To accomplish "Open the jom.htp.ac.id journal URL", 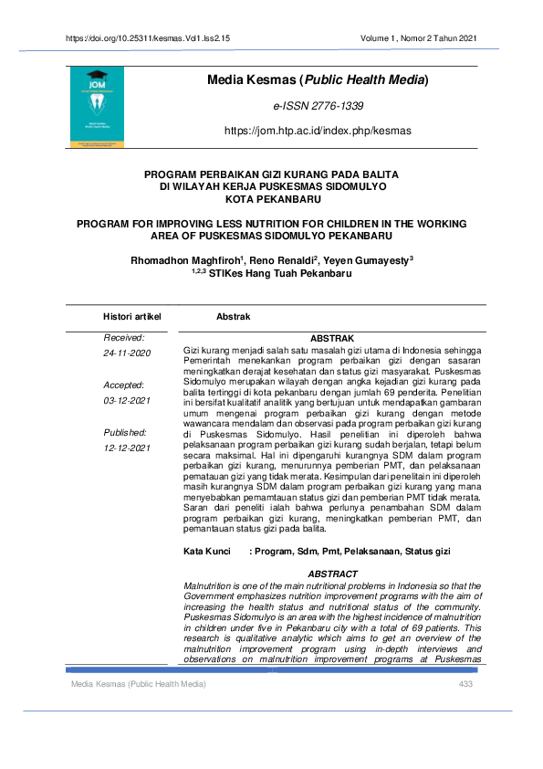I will coord(317,131).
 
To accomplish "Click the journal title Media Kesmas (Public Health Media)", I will coord(318,82).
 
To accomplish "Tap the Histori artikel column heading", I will coord(132,317).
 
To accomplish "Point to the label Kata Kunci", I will coord(206,553).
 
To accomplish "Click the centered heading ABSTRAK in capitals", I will coord(331,339).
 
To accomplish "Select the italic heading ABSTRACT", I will coord(332,574).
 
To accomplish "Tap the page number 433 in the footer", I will coord(466,684).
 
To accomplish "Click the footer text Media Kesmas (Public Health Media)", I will coord(138,684).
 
